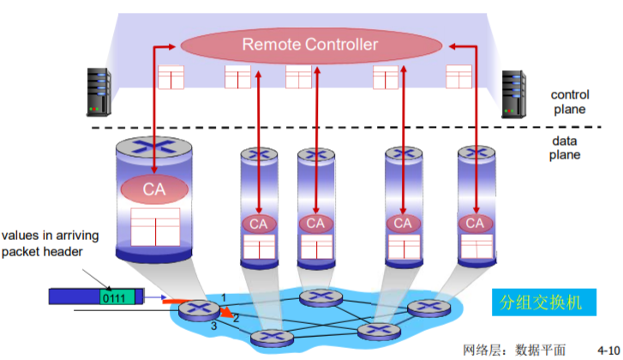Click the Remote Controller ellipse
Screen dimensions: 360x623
click(x=309, y=44)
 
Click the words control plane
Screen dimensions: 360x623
click(x=570, y=102)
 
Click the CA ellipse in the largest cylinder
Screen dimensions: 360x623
click(x=154, y=188)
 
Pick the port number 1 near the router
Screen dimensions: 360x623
click(x=224, y=297)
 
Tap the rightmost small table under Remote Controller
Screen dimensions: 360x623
click(x=460, y=77)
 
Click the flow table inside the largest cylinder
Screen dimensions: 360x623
click(x=155, y=225)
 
